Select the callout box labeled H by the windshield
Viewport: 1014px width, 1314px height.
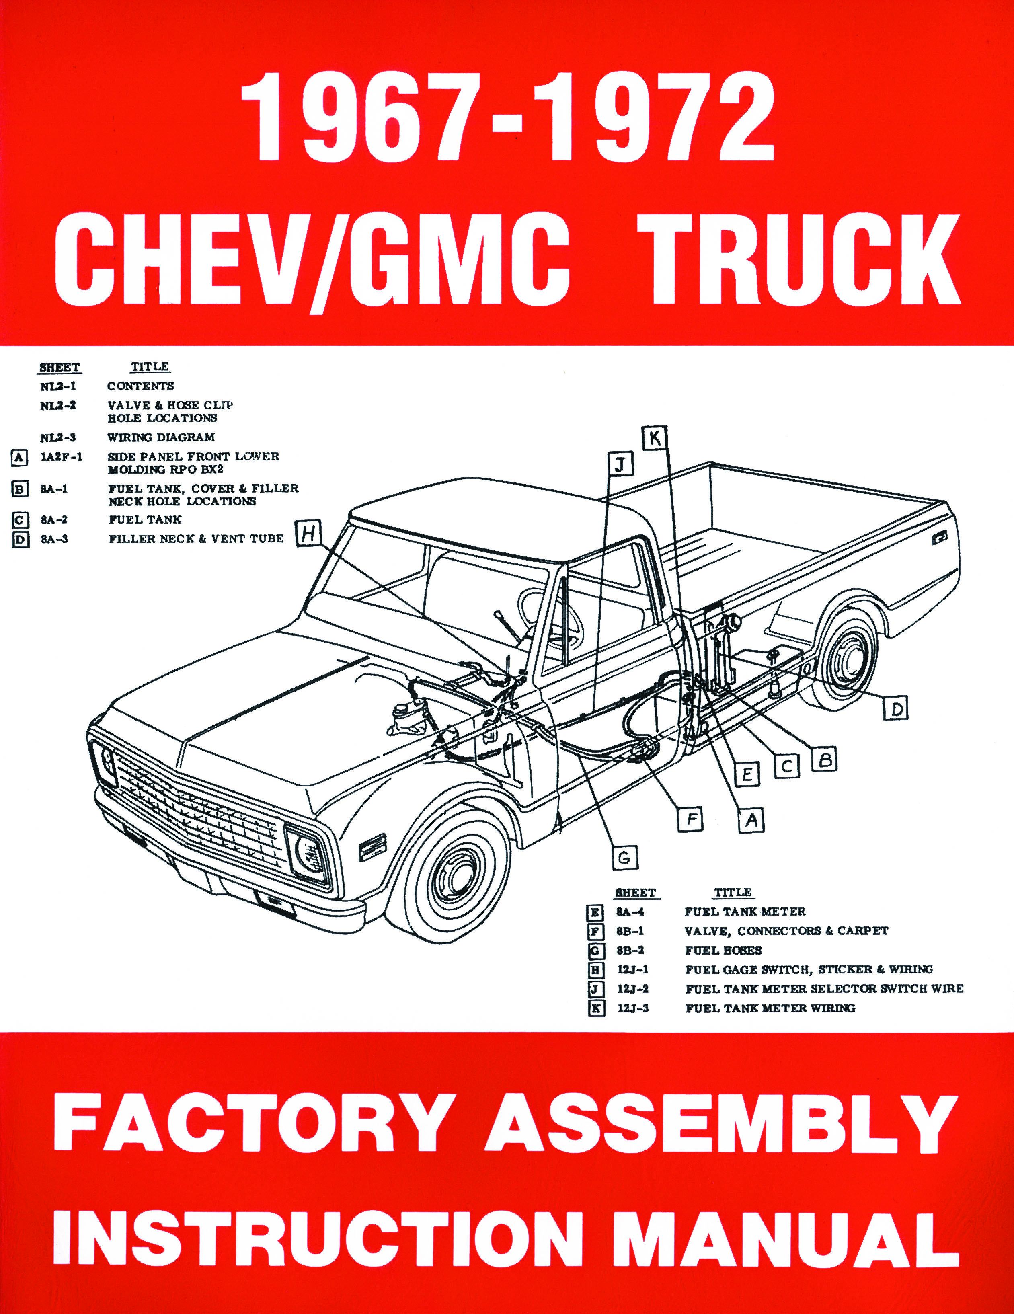308,533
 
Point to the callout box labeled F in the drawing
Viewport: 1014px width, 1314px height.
692,819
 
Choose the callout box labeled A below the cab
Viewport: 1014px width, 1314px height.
750,819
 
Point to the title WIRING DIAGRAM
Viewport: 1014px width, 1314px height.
161,437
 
